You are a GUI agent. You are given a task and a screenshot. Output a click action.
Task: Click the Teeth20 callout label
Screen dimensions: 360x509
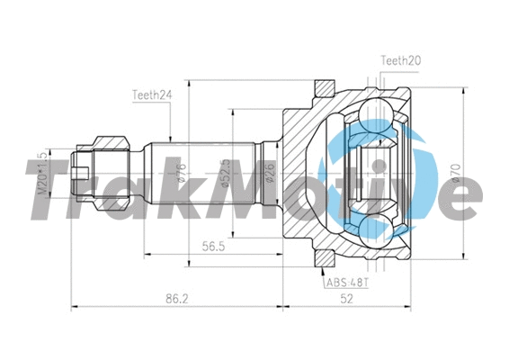pyautogui.click(x=400, y=61)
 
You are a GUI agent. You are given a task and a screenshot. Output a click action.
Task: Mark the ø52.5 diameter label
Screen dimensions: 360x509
pyautogui.click(x=225, y=171)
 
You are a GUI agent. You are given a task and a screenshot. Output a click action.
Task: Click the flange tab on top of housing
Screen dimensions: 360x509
pyautogui.click(x=322, y=89)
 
